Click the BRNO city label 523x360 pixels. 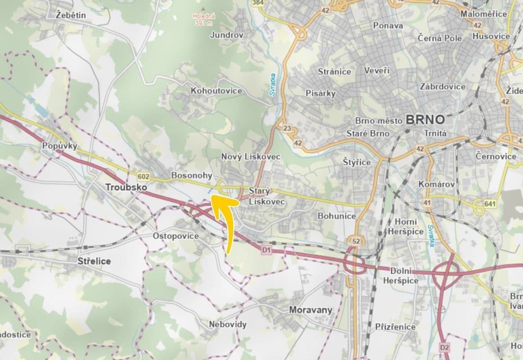(425, 119)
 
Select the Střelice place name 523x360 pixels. (94, 261)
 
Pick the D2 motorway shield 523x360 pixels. (444, 347)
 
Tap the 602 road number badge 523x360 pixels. (144, 177)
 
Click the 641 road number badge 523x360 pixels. (490, 204)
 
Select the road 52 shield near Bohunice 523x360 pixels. (356, 242)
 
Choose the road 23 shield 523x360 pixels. (287, 128)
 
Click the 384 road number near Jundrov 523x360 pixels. (258, 3)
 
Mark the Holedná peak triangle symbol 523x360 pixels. (204, 9)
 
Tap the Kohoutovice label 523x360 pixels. (216, 91)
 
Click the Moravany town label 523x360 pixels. (311, 310)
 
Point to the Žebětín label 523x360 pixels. (71, 15)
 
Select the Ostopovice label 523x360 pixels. (176, 236)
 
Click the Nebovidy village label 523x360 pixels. (228, 324)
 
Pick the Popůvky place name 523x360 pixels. (60, 146)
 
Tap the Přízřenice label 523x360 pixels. (395, 327)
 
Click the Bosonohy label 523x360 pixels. (191, 175)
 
